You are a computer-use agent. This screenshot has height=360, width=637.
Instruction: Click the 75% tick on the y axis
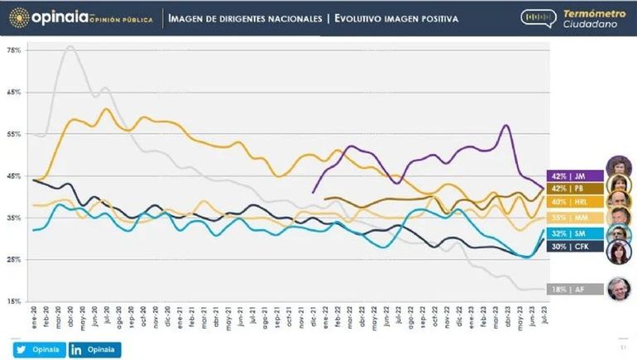tap(13, 50)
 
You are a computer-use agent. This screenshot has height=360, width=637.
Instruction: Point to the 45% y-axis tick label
tap(13, 176)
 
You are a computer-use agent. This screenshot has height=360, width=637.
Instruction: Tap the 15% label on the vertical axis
tap(13, 301)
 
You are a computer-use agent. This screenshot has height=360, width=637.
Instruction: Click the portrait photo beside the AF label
tap(618, 289)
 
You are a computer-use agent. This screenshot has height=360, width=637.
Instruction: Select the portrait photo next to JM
tap(618, 166)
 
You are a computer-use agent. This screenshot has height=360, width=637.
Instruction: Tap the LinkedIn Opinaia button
tap(95, 350)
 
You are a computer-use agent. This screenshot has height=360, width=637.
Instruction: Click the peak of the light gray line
tap(69, 46)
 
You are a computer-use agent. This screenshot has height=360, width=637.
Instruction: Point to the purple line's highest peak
tap(505, 125)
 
